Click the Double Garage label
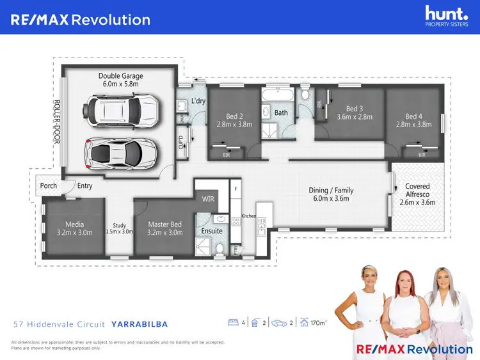(x=121, y=80)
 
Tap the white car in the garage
(x=124, y=109)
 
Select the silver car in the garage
(x=114, y=152)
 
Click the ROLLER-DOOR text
(x=56, y=121)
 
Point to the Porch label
(x=49, y=186)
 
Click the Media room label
(x=74, y=228)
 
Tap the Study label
(x=119, y=228)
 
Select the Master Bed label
(x=165, y=228)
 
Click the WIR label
(x=208, y=200)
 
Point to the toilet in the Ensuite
(x=220, y=249)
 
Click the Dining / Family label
(x=330, y=194)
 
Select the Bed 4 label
(x=413, y=121)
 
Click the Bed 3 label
(x=354, y=113)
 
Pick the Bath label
(x=282, y=113)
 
